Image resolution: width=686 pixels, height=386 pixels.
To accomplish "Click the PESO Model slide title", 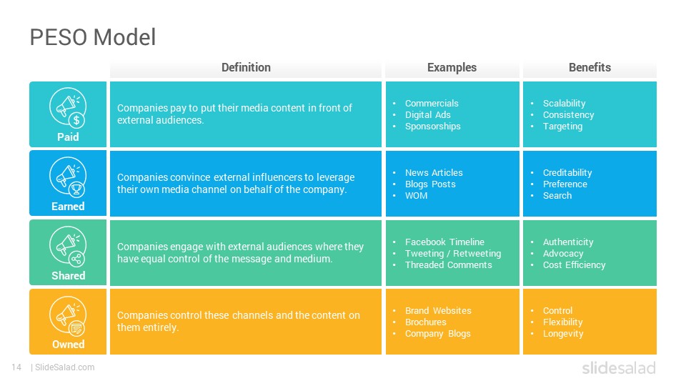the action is coord(93,37).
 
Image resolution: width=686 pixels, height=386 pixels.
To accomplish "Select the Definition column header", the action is coord(246,67).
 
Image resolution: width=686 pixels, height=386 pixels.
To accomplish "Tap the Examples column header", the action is coord(452,67).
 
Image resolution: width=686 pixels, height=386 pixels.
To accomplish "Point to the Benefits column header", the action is coord(590,67).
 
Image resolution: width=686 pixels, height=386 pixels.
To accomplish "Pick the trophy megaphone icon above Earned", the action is coord(68,177).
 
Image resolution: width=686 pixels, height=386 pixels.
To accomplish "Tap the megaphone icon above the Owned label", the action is coord(68,315).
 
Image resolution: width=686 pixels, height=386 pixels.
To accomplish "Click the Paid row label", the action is coord(68,137).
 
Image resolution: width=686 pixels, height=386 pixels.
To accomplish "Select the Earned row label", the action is coord(68,206).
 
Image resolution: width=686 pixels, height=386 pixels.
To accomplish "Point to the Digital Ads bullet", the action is coord(427,114).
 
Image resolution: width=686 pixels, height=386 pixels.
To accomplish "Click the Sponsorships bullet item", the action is coord(433,127).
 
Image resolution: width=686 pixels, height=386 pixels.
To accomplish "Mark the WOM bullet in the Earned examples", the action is coord(416,196).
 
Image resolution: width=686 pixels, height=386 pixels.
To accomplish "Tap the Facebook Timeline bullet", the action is coord(444,242).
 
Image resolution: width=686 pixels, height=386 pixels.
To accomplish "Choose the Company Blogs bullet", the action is coord(438,334).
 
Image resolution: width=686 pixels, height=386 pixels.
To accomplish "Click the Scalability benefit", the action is coord(564,104).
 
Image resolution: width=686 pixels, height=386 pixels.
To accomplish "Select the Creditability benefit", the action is coord(567,173).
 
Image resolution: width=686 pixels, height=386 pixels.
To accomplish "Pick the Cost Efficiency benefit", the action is coord(574,264).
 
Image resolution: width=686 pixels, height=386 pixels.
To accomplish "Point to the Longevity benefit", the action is coord(563,334).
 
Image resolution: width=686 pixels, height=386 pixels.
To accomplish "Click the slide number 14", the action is coord(16,367).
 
